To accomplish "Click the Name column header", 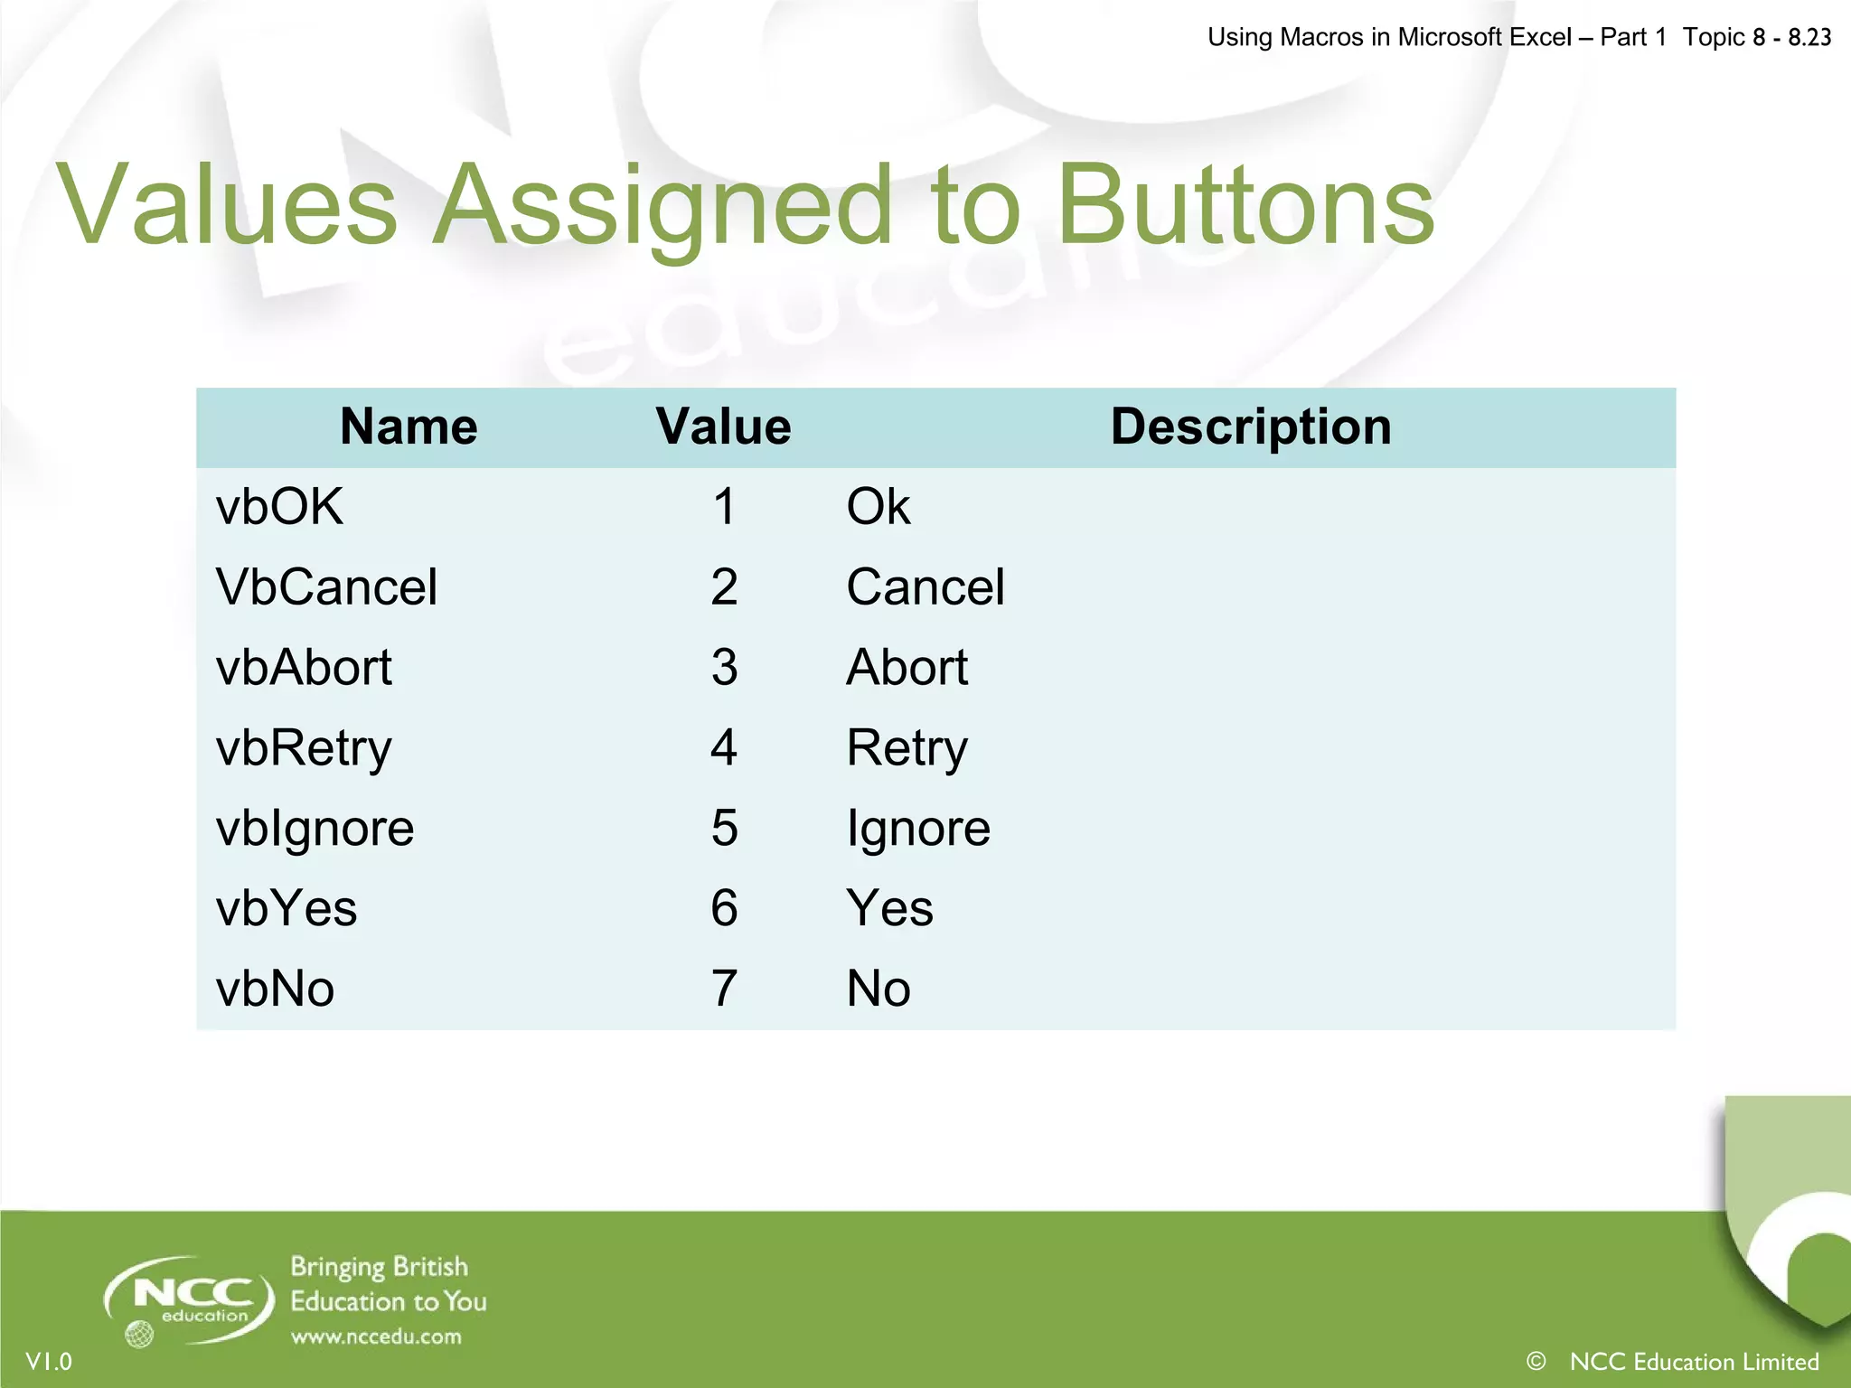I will click(x=409, y=427).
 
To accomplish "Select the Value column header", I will click(x=723, y=427).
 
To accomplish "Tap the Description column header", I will click(x=1251, y=427).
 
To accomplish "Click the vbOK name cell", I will click(x=279, y=506).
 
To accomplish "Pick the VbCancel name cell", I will click(x=326, y=586).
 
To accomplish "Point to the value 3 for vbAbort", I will click(x=724, y=667).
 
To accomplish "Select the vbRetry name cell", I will click(x=304, y=748).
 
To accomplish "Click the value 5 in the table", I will click(x=724, y=828).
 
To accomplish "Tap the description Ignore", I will click(x=918, y=829).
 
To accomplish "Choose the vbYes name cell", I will click(x=287, y=908).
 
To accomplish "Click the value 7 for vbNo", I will click(x=724, y=989).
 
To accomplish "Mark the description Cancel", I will click(x=925, y=586).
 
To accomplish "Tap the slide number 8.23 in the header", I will click(x=1809, y=37).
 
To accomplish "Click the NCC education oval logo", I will click(x=190, y=1299).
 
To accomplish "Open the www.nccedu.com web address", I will click(x=376, y=1336).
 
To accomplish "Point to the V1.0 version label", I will click(x=49, y=1362).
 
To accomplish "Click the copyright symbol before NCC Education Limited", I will click(x=1536, y=1361).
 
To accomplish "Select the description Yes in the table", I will click(x=889, y=908).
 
